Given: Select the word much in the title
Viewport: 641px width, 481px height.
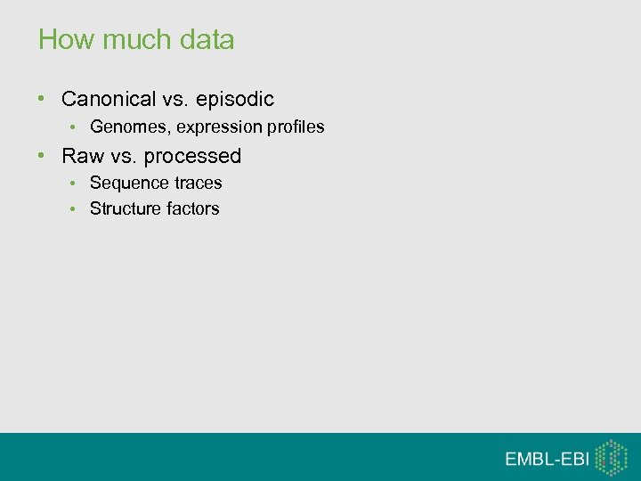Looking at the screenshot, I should (x=123, y=40).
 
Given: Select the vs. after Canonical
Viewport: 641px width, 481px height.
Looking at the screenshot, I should (x=174, y=99).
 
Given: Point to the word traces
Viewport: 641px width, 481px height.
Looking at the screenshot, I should (x=195, y=183).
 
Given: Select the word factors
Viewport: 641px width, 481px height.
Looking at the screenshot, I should (x=193, y=208).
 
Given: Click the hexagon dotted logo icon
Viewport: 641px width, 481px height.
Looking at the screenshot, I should (x=611, y=457).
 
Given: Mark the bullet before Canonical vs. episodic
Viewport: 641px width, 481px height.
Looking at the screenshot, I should (x=43, y=99).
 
